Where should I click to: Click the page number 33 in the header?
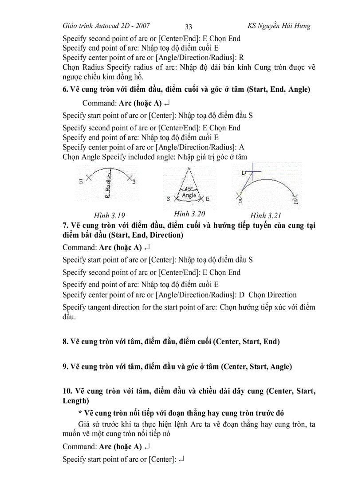[188, 26]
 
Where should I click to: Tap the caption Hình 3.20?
[189, 214]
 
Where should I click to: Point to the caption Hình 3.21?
[266, 216]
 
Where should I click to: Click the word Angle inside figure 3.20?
[189, 195]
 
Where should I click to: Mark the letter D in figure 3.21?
[244, 173]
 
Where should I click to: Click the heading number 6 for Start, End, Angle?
[65, 89]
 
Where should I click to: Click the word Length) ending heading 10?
[76, 401]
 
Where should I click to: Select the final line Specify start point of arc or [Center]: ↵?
[123, 459]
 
